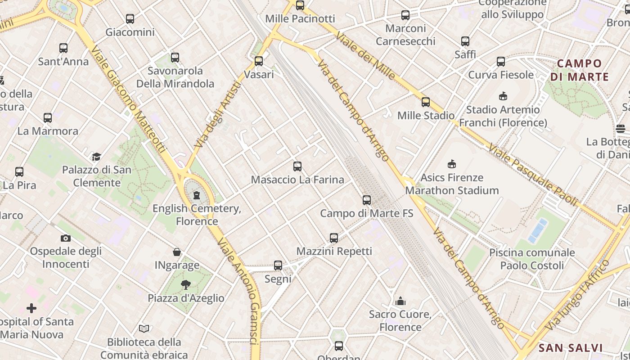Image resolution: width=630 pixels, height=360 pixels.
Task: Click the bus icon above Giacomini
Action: [x=130, y=19]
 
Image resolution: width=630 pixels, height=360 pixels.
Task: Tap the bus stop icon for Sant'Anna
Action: [x=63, y=48]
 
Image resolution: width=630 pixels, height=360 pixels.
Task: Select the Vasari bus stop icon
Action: [x=259, y=61]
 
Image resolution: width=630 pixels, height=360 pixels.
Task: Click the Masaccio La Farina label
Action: [x=297, y=180]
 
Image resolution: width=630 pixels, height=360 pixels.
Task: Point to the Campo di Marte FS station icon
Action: [x=367, y=200]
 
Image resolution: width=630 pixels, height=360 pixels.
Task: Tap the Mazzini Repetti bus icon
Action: [x=334, y=238]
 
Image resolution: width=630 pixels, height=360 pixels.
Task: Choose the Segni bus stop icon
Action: [x=278, y=265]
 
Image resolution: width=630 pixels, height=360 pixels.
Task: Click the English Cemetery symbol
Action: [x=197, y=195]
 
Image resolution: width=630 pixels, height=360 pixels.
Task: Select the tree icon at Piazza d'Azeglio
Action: [x=185, y=284]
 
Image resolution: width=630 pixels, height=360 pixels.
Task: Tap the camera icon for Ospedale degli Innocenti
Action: [x=66, y=238]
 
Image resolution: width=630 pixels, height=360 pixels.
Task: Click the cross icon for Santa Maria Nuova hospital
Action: [x=31, y=308]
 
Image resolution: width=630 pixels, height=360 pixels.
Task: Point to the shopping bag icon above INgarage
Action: [x=177, y=252]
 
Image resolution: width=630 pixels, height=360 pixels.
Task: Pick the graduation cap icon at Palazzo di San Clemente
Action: [x=96, y=157]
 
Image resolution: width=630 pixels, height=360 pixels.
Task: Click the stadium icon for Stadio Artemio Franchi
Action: [x=503, y=96]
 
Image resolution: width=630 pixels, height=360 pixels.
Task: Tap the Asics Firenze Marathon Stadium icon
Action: [x=452, y=164]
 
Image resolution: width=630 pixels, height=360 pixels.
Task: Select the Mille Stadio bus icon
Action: [x=426, y=102]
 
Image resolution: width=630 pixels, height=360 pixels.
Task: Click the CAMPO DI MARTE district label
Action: [x=580, y=70]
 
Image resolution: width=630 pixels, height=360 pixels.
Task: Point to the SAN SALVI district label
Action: [x=571, y=348]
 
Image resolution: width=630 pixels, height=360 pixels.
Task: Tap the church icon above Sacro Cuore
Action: [x=400, y=301]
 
